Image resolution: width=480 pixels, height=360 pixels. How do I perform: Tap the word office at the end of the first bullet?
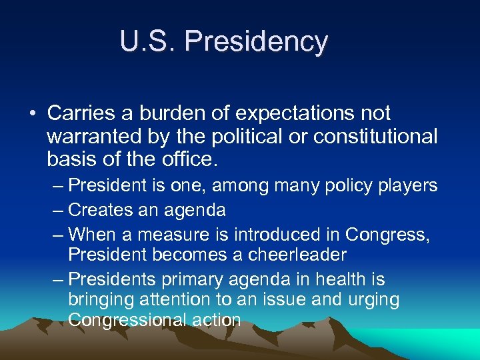(x=194, y=159)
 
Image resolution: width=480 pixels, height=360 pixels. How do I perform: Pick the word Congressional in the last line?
(x=127, y=320)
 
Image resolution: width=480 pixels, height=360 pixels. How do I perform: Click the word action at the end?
(x=216, y=320)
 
